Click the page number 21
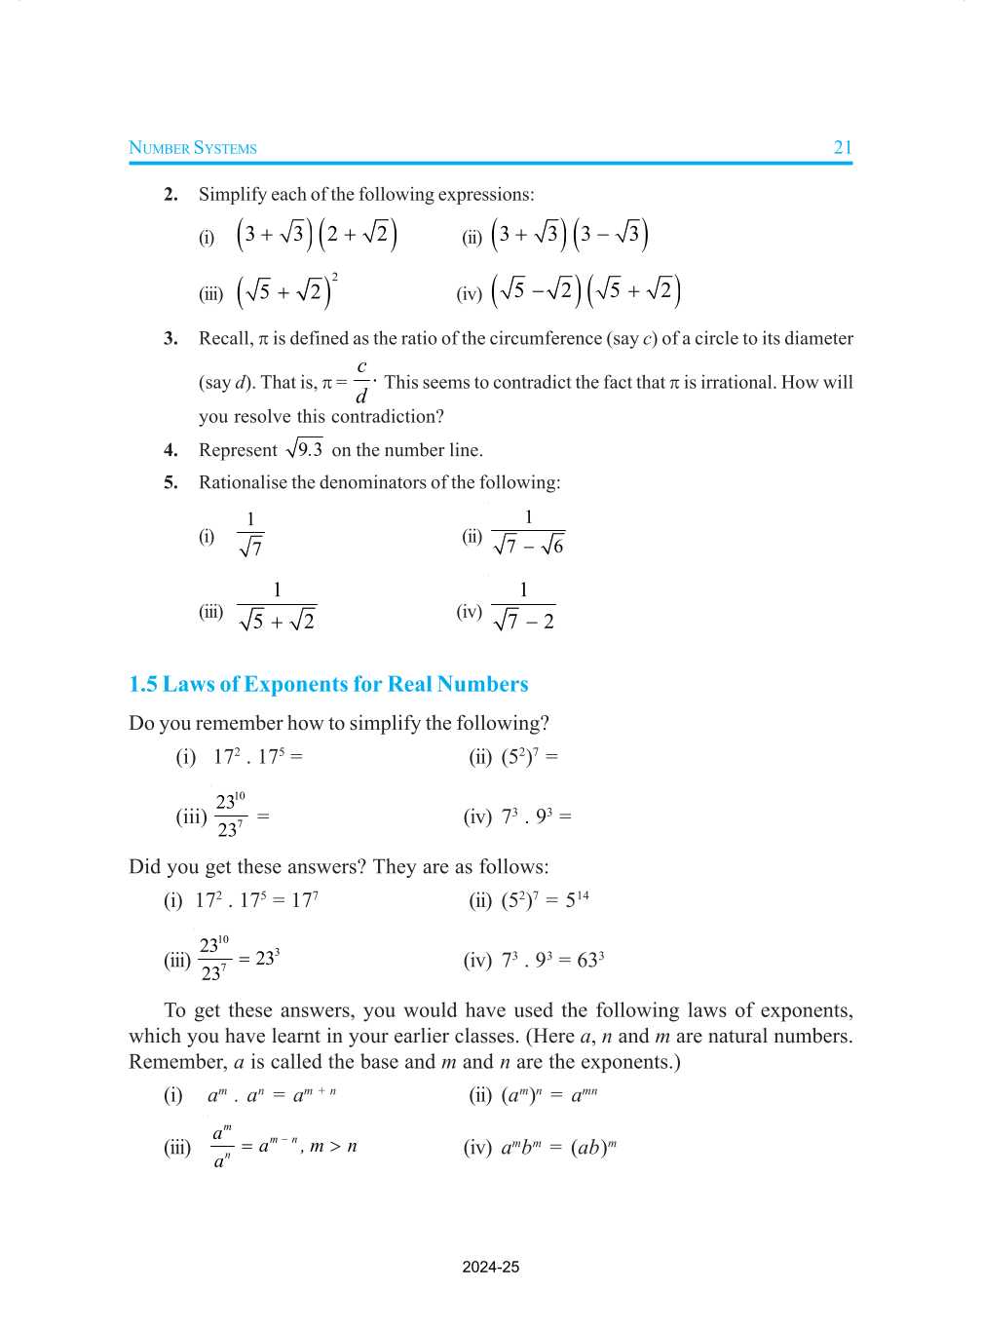[843, 148]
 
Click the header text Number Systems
[193, 148]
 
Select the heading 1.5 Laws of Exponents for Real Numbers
[328, 684]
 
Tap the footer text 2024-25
[491, 1267]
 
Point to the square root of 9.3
[304, 449]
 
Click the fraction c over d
[361, 382]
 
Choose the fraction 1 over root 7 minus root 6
[528, 533]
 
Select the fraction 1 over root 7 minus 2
[523, 607]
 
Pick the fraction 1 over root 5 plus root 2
[277, 607]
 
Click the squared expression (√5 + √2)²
[286, 290]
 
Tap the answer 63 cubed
[590, 960]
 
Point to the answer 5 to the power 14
[577, 899]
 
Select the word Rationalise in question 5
[243, 482]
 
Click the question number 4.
[170, 450]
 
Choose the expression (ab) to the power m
[593, 1147]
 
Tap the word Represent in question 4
[238, 450]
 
